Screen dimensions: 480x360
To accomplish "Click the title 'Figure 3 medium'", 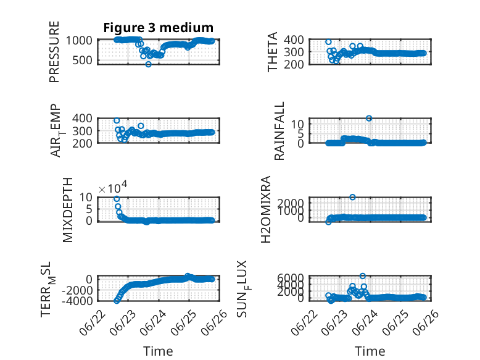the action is pos(159,28).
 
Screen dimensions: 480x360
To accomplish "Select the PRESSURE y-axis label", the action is pos(54,52).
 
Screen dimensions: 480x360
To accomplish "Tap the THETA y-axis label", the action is pos(272,52).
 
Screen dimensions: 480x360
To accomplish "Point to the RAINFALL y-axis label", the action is pos(279,131).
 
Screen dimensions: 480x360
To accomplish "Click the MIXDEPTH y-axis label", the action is pos(68,210).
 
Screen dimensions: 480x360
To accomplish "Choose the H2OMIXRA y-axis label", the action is pos(266,209).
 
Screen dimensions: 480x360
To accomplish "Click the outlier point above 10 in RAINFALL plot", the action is pos(369,119).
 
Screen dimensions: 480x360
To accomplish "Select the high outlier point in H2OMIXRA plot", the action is pos(352,197).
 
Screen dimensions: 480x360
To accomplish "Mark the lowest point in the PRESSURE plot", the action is pos(149,64).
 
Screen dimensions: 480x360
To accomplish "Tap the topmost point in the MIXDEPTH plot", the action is pos(117,199).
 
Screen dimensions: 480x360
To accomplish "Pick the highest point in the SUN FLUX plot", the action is pos(362,276).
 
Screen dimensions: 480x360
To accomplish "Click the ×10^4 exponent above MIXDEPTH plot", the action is pos(113,188).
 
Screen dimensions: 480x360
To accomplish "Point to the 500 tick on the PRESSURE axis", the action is pos(82,61).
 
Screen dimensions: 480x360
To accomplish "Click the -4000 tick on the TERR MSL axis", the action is pos(77,301).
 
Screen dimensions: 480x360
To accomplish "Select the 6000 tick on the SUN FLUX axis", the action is pos(291,278).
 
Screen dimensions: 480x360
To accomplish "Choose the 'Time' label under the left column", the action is pos(159,351).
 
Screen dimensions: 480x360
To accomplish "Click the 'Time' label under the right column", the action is pos(370,351).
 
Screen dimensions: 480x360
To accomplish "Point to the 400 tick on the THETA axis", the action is pos(294,40).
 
